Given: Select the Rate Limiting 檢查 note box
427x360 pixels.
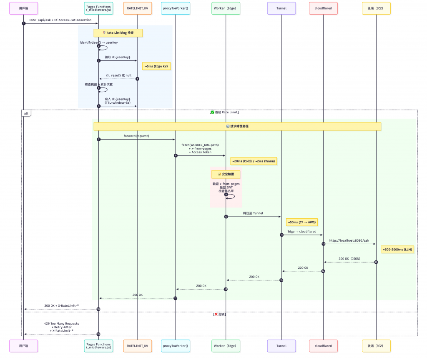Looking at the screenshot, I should click(x=118, y=32).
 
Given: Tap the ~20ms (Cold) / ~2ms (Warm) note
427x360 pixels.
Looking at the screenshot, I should click(x=254, y=161).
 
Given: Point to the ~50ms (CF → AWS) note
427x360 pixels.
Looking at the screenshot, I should click(x=301, y=222).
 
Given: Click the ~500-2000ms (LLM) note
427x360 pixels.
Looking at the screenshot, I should click(x=397, y=249).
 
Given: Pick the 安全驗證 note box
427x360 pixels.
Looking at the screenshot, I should click(x=226, y=174).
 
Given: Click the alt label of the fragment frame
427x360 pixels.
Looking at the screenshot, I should click(x=26, y=113).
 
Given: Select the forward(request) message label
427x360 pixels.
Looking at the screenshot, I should click(x=136, y=136).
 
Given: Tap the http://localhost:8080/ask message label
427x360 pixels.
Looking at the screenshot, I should click(x=349, y=240).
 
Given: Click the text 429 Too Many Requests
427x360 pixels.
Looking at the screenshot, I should click(x=61, y=323).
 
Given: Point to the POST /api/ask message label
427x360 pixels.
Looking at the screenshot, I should click(x=60, y=20).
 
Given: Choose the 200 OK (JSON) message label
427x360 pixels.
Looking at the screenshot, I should click(x=349, y=259).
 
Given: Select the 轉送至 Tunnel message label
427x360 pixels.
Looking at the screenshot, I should click(x=253, y=213).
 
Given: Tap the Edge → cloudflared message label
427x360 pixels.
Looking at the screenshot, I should click(x=302, y=231).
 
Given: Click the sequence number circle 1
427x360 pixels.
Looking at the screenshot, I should click(x=24, y=23).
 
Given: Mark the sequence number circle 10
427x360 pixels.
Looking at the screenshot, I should click(x=226, y=217).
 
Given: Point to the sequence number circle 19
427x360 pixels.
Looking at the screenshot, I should click(x=98, y=334).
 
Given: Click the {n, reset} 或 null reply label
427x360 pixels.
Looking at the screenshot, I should click(x=118, y=75).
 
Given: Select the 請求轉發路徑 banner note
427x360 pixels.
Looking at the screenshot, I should click(x=237, y=126).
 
